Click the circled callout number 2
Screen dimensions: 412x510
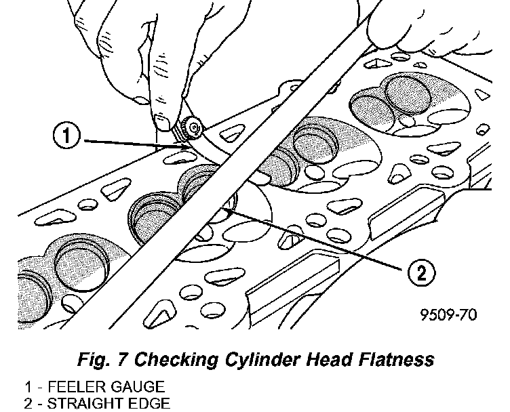(x=420, y=273)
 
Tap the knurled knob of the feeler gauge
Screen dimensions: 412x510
(x=189, y=128)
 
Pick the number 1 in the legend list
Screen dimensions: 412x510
(x=27, y=387)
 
